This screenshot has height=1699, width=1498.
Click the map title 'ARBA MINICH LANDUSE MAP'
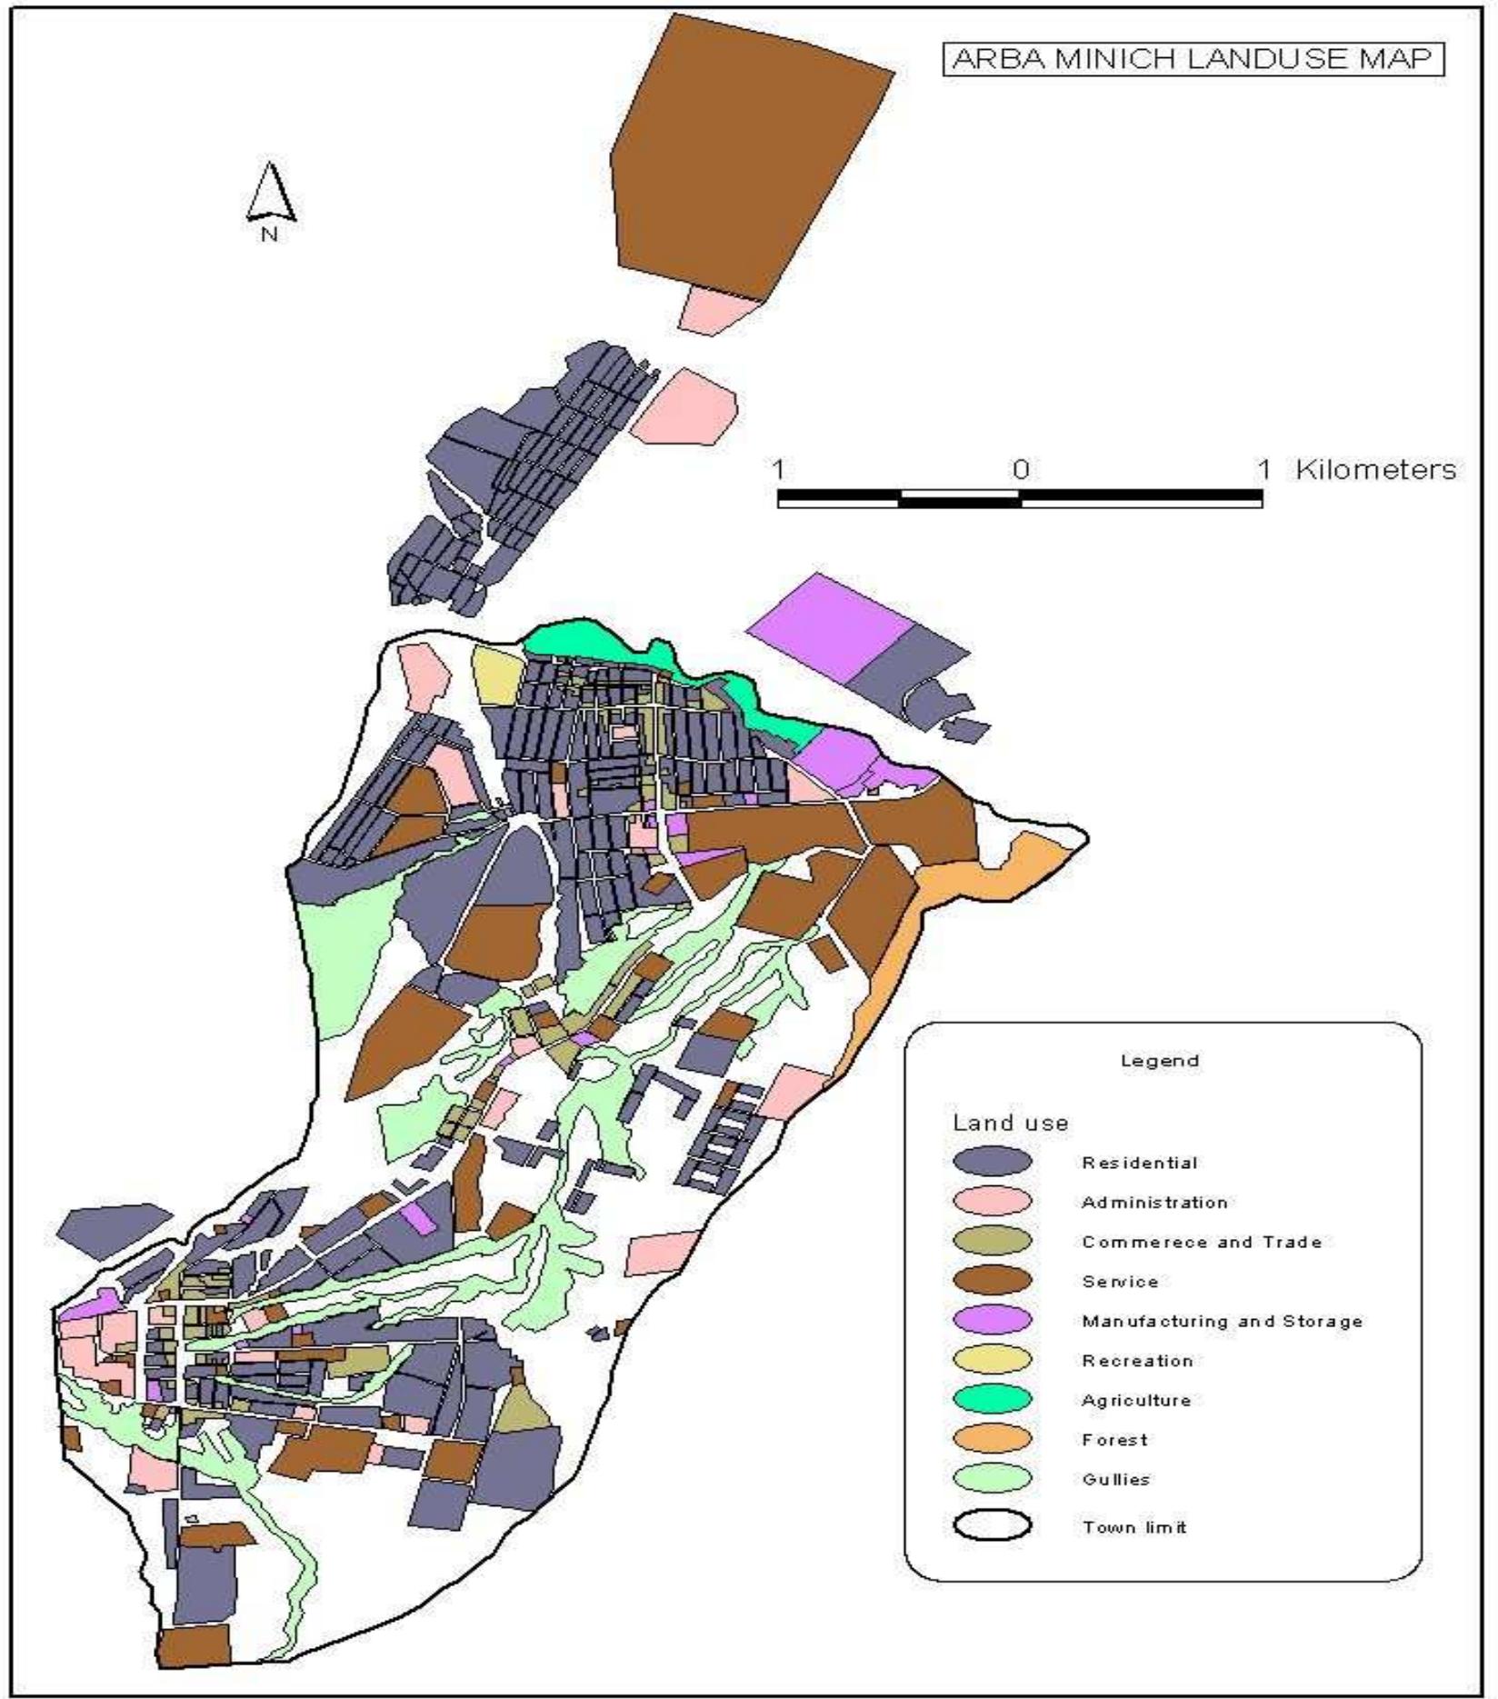[1193, 59]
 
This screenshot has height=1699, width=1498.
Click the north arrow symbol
[270, 193]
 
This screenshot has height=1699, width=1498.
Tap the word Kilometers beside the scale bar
[1374, 470]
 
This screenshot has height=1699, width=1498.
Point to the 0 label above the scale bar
[1021, 470]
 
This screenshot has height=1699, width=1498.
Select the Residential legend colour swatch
[992, 1162]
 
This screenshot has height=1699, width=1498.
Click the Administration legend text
[1154, 1203]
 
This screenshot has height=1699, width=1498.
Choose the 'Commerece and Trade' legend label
[1201, 1242]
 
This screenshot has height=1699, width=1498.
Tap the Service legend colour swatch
[992, 1281]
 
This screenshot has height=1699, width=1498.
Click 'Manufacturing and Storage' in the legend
[1222, 1321]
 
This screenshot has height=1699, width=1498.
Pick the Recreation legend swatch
[992, 1360]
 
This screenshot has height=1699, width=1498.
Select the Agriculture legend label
[1136, 1400]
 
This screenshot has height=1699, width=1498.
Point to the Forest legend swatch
[992, 1439]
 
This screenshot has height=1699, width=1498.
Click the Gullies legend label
[1116, 1479]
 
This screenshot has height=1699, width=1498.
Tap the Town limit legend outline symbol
[992, 1526]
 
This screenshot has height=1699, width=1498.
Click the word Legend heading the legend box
[1160, 1061]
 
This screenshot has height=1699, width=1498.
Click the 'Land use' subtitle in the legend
[1010, 1123]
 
